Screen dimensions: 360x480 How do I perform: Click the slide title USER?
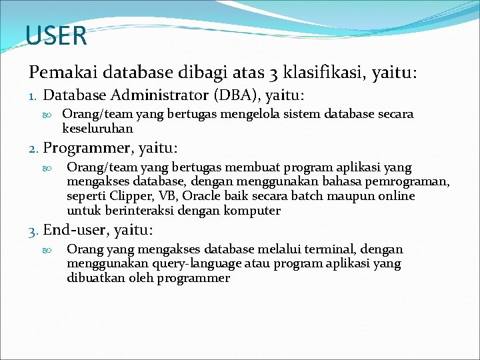click(57, 36)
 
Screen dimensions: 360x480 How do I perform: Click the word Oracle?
click(202, 197)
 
